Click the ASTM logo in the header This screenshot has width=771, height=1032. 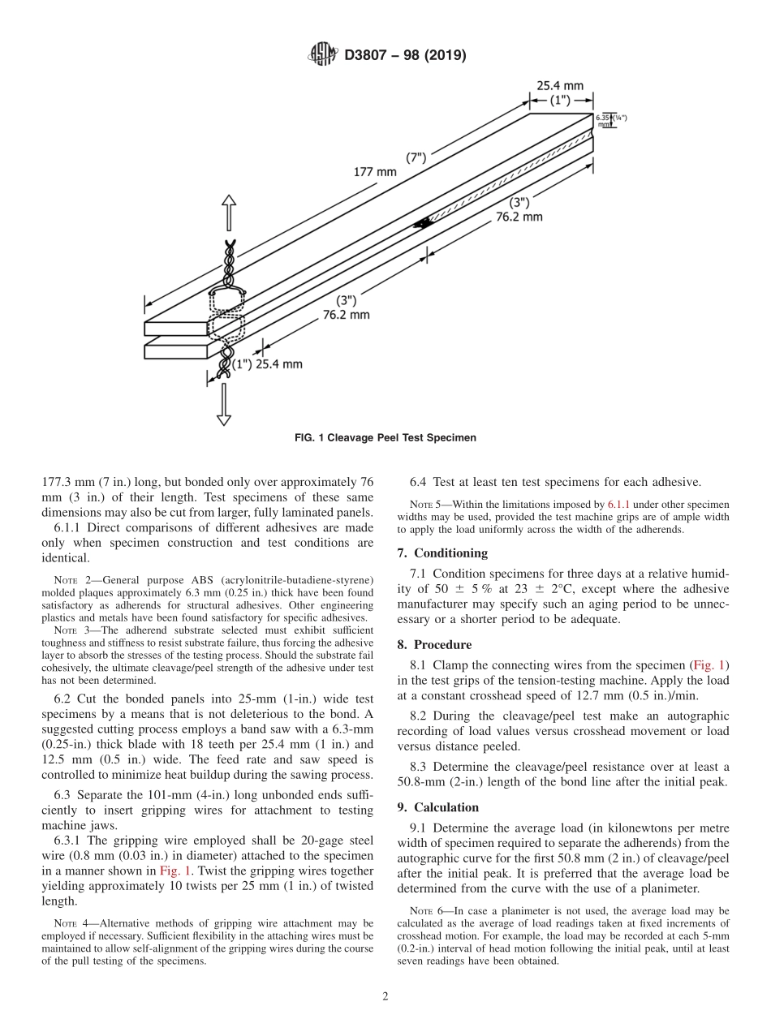pos(323,55)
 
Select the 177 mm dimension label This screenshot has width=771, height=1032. pos(375,172)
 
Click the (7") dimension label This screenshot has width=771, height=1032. pos(416,158)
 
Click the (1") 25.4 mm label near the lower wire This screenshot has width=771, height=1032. pos(268,364)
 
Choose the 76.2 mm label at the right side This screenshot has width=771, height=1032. pos(520,217)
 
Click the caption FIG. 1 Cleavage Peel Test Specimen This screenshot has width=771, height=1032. pos(385,437)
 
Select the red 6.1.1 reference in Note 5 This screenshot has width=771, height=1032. pos(618,505)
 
